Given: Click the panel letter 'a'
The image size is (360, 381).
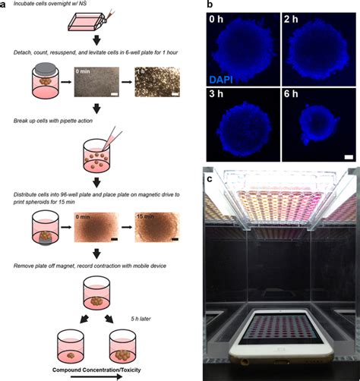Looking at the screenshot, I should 5,6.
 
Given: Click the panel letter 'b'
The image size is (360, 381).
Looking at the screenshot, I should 210,6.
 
